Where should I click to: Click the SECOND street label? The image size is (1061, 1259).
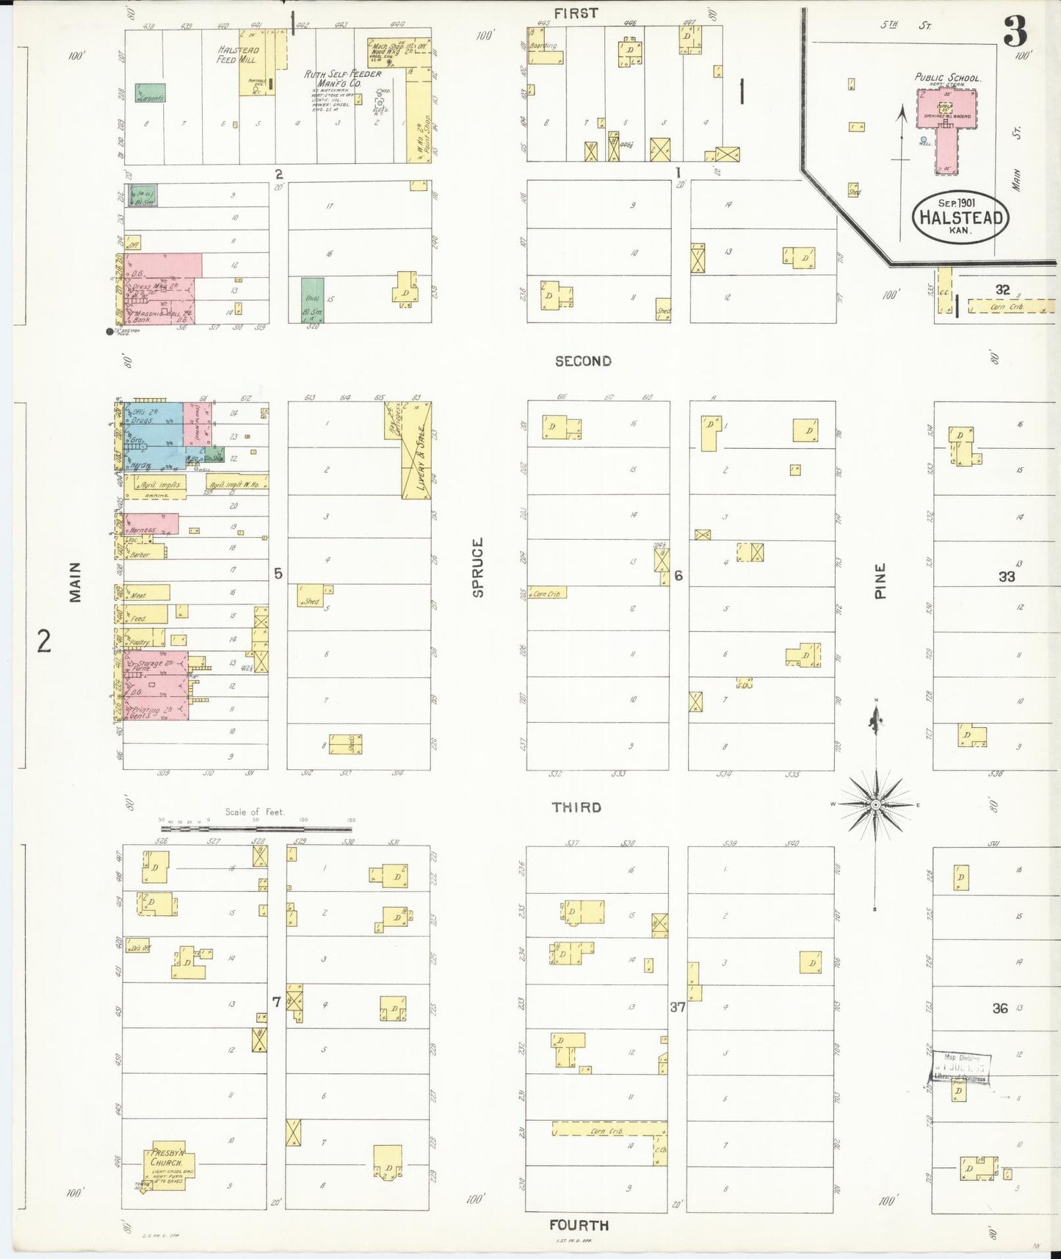tap(583, 361)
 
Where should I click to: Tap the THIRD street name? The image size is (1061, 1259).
tap(576, 807)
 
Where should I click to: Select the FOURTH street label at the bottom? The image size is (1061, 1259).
tap(579, 1224)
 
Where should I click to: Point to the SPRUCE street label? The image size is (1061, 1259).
tap(478, 567)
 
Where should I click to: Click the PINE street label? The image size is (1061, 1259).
tap(880, 580)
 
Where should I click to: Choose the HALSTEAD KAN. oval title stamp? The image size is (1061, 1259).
tap(960, 218)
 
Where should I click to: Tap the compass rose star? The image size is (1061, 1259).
tap(875, 805)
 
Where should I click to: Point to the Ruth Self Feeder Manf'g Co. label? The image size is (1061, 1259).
tap(343, 79)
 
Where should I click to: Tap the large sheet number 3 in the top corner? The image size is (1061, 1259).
tap(1015, 31)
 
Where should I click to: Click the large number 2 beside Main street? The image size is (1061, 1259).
tap(44, 641)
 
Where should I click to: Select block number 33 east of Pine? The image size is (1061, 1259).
tap(1006, 577)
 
